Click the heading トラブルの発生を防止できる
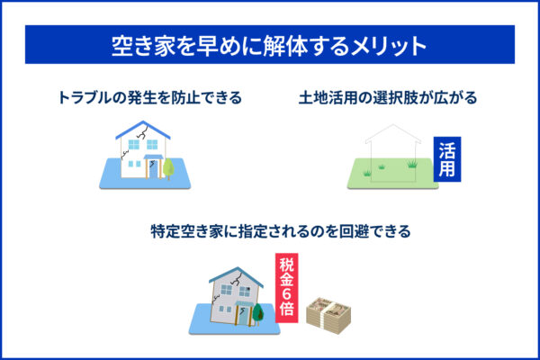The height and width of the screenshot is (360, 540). (149, 96)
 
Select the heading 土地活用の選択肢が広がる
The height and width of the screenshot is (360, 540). (389, 96)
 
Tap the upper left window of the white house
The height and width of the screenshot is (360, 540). (127, 145)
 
